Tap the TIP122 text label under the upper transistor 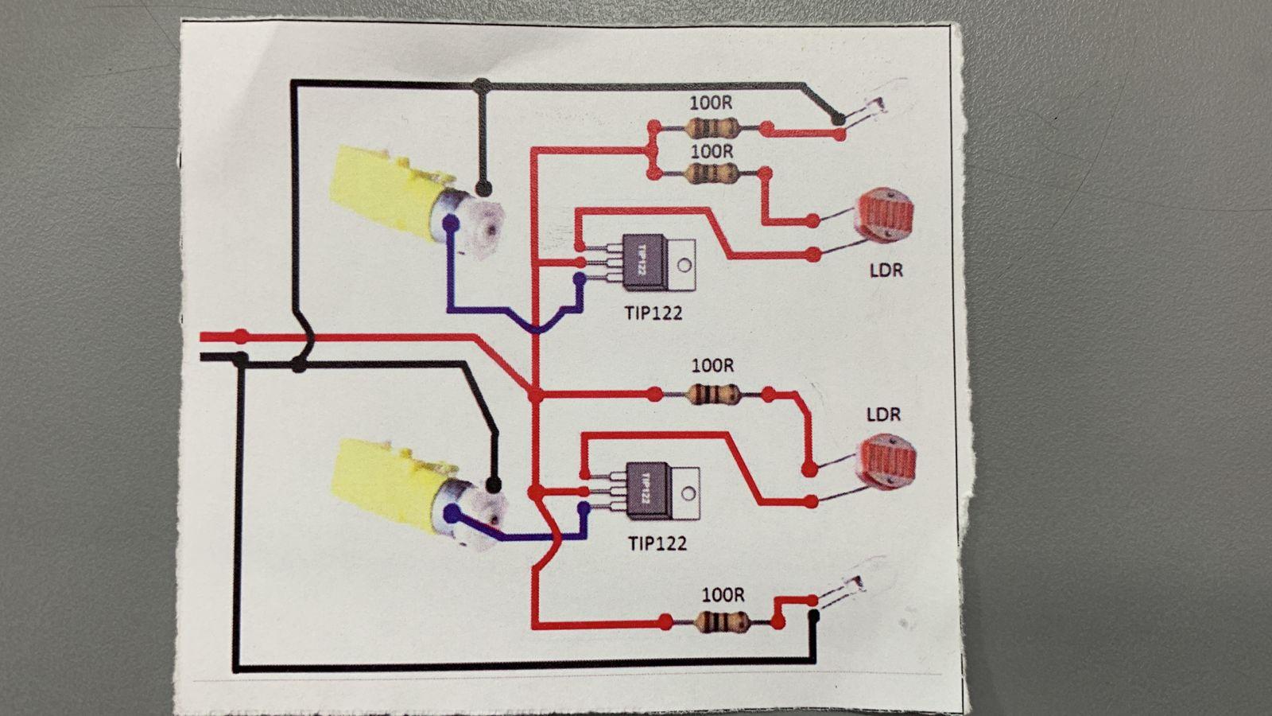point(653,313)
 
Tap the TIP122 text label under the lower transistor point(657,543)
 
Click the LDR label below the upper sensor point(886,270)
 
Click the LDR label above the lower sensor point(883,414)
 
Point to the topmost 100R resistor point(710,127)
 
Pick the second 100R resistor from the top point(710,173)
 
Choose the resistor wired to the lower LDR point(712,394)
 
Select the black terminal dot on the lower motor point(493,484)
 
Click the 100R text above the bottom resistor point(723,594)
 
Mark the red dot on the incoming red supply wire point(241,336)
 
